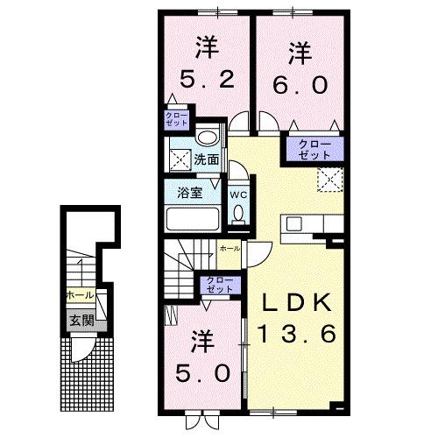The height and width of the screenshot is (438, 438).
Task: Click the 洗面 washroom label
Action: [x=206, y=160]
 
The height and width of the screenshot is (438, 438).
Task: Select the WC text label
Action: [x=238, y=194]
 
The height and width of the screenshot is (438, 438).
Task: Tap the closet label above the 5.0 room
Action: [x=219, y=284]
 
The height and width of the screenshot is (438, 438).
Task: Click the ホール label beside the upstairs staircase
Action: [x=229, y=249]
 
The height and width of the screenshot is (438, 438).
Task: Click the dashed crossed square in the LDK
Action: [x=328, y=180]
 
